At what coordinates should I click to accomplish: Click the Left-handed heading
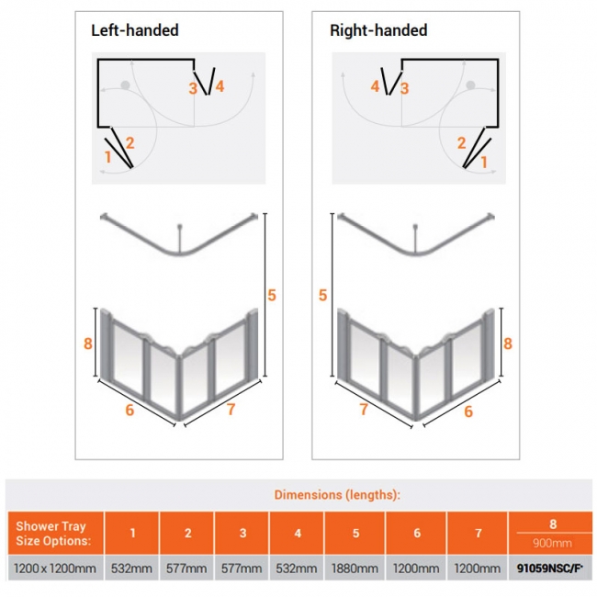[x=134, y=30]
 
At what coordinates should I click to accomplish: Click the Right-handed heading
[x=378, y=30]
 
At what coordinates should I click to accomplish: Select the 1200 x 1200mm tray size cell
[x=56, y=569]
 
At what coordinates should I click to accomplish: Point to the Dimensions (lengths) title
[x=337, y=495]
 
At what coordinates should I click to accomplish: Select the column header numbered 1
[x=132, y=534]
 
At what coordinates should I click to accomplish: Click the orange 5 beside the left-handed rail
[x=272, y=295]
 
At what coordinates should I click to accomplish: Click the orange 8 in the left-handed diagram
[x=87, y=344]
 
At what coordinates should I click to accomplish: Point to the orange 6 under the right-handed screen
[x=468, y=411]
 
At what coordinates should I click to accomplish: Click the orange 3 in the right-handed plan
[x=404, y=88]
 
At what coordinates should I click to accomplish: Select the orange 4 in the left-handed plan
[x=220, y=86]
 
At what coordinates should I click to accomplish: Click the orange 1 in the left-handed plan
[x=108, y=157]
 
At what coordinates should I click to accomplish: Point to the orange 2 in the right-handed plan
[x=462, y=142]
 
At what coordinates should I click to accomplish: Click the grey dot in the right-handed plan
[x=471, y=85]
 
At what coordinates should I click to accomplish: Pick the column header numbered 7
[x=477, y=534]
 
